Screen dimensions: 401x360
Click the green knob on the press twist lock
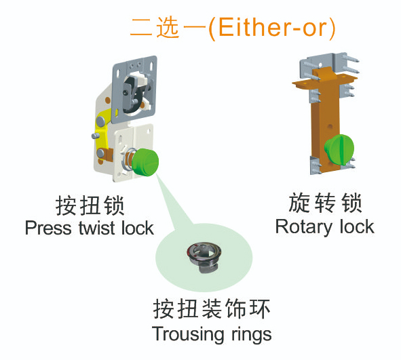point(145,163)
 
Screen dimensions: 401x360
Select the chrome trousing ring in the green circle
point(204,257)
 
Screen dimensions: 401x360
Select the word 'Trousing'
point(189,334)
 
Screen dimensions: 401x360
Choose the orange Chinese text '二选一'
point(168,28)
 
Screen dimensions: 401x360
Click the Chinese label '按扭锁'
point(90,205)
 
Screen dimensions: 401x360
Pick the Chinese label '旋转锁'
point(325,203)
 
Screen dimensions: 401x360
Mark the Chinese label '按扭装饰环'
point(212,309)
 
